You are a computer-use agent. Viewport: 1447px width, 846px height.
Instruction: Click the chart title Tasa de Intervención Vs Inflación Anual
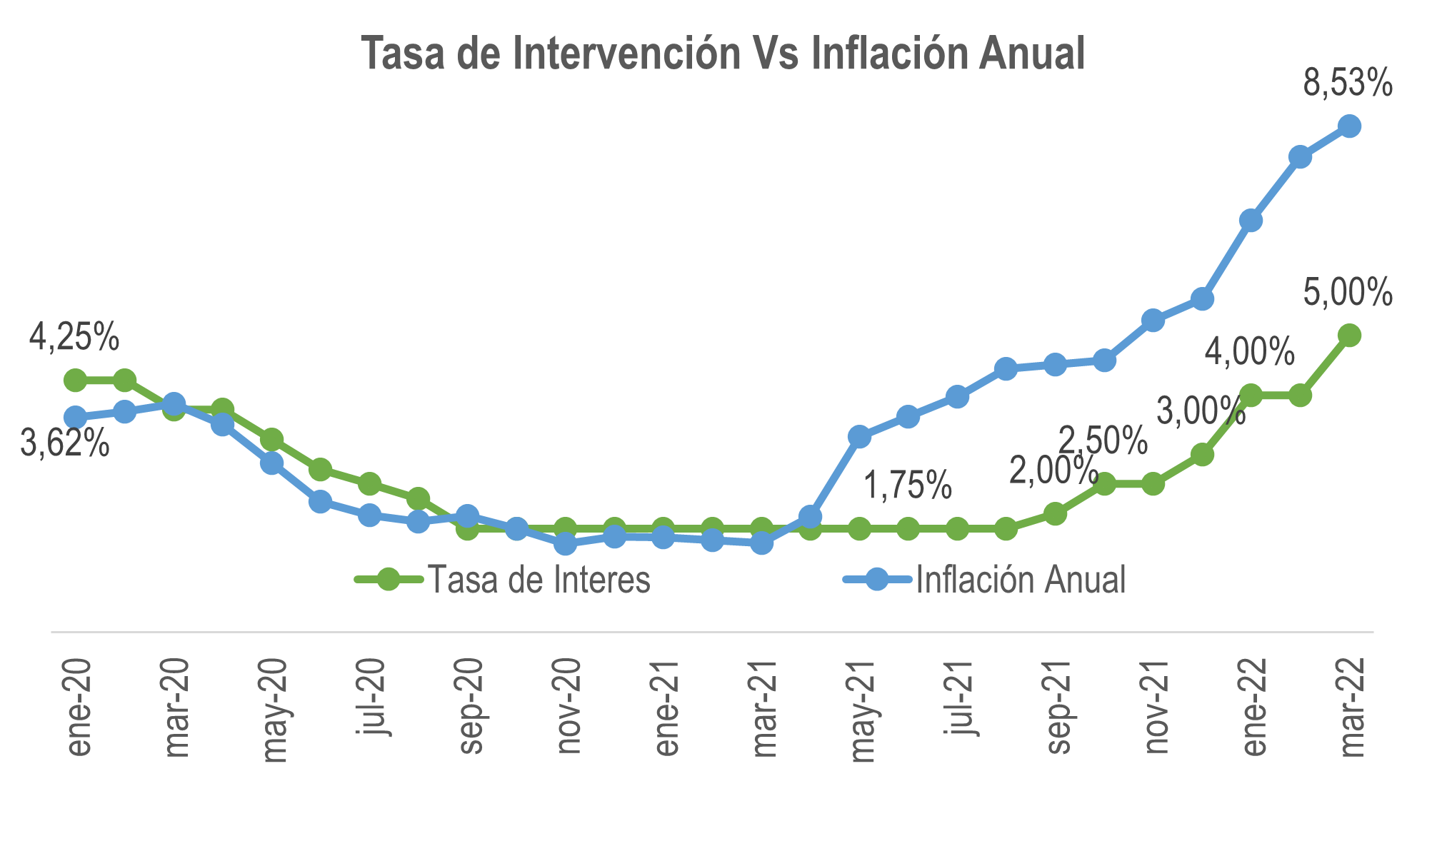[723, 54]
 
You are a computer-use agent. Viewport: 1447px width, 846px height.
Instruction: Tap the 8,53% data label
[1348, 84]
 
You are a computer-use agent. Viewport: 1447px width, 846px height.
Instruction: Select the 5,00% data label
[1348, 293]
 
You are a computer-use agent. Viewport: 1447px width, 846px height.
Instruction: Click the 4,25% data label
[74, 337]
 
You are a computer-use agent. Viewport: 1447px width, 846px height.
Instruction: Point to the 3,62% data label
[65, 443]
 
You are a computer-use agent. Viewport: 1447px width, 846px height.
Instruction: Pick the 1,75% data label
[908, 485]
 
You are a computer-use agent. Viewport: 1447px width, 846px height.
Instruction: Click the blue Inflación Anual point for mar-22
[1349, 126]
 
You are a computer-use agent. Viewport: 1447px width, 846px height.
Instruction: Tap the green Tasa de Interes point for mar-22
[1349, 335]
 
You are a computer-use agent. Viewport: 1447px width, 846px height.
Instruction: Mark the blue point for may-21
[860, 436]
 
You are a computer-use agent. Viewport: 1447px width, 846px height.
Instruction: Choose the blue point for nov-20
[566, 544]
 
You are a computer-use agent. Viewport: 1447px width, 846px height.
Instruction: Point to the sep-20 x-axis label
[471, 706]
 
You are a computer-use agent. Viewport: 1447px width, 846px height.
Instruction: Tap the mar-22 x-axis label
[1352, 706]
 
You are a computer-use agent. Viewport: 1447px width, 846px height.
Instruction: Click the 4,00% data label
[1249, 352]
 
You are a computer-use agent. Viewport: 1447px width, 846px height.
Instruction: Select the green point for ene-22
[1251, 395]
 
